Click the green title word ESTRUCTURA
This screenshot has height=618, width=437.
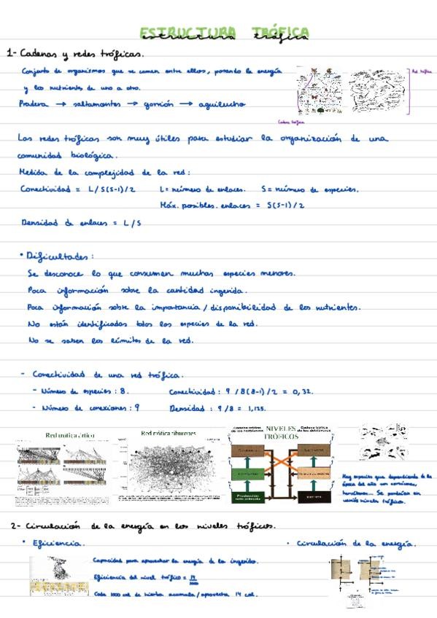[186, 31]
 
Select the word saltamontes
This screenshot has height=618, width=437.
[96, 104]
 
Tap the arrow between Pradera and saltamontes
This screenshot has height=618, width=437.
[61, 105]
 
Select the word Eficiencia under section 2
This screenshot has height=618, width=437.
[59, 543]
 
